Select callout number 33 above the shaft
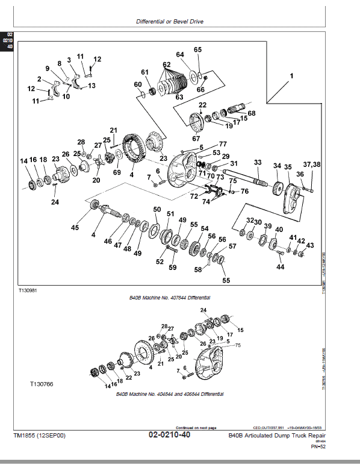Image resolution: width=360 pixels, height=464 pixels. coord(257,163)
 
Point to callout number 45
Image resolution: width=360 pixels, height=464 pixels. coord(75,227)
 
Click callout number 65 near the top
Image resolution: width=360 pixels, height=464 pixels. coord(197,49)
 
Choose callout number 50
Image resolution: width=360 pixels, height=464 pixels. coord(157,210)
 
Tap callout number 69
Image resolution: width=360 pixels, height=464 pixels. coord(117,172)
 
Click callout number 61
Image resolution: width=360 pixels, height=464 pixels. coord(144,73)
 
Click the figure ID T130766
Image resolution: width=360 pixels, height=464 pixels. coord(42,383)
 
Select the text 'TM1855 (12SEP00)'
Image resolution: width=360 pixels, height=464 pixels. coord(38,435)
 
